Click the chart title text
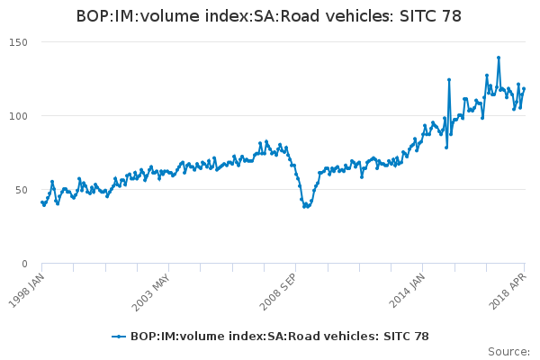pos(270,16)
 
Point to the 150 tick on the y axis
pos(18,42)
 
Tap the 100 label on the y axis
pos(18,116)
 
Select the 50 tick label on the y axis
pos(22,190)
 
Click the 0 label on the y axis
pos(25,264)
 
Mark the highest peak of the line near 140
pos(499,58)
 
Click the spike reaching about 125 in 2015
pos(449,79)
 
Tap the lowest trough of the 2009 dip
pos(304,207)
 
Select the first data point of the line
pos(42,202)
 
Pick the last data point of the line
pos(524,88)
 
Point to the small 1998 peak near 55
pos(52,182)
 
